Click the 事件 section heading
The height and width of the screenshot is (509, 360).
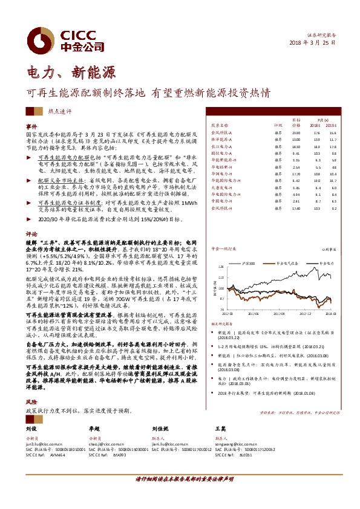click(x=31, y=126)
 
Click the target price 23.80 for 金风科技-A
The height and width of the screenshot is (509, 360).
click(x=296, y=132)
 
